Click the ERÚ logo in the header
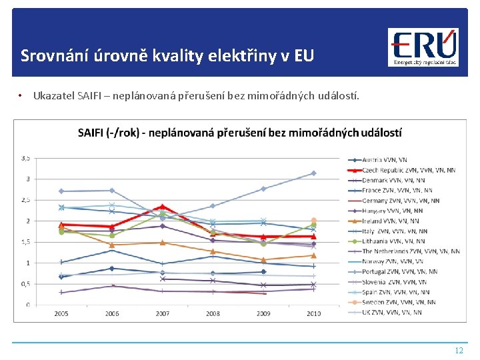423,47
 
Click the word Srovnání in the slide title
51,55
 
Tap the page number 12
458,350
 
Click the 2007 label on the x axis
162,313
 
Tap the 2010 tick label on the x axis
313,313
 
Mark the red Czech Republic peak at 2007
162,207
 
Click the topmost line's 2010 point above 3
313,173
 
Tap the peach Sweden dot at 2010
313,221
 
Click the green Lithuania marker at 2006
112,235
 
